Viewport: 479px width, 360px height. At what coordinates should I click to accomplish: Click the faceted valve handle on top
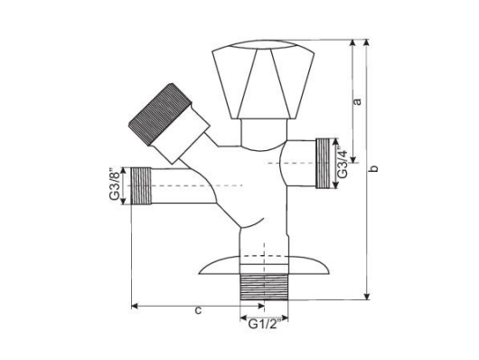256,81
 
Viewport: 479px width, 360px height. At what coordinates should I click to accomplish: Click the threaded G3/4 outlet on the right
322,163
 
